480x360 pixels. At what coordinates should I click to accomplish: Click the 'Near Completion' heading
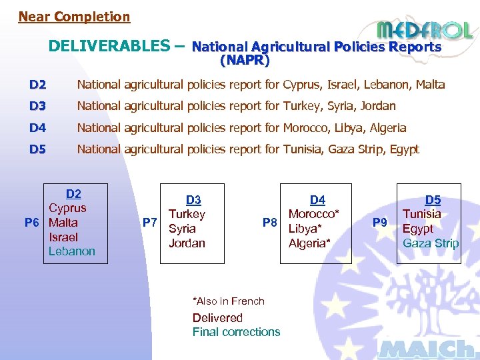click(x=74, y=17)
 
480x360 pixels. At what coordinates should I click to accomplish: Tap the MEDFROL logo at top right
click(x=424, y=29)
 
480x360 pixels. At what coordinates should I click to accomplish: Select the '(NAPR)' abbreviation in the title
click(x=245, y=61)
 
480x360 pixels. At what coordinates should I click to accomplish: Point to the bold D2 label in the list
click(x=37, y=85)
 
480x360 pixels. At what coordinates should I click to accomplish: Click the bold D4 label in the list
click(x=37, y=128)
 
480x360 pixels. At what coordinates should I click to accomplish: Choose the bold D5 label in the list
click(x=37, y=149)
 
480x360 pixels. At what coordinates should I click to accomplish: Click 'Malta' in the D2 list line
click(x=430, y=85)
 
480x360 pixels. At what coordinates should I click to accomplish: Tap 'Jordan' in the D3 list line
click(x=378, y=106)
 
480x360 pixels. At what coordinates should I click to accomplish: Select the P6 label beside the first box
click(x=32, y=223)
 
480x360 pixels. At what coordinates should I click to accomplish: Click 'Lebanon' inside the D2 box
click(x=72, y=251)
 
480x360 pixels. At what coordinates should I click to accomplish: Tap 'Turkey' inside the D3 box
click(x=187, y=214)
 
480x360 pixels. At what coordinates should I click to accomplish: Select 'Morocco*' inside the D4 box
click(x=314, y=214)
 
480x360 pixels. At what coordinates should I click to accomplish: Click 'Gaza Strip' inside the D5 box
click(x=431, y=243)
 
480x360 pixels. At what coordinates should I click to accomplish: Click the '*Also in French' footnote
click(x=229, y=301)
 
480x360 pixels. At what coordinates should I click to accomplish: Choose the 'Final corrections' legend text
click(x=236, y=332)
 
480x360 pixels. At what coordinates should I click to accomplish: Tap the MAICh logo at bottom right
click(x=427, y=349)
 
